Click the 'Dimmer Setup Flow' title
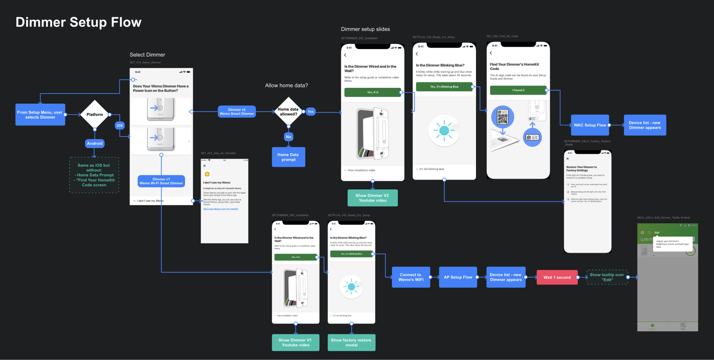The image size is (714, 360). pos(79,22)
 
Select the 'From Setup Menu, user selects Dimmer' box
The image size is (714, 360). pos(40,115)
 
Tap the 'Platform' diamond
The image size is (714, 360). pos(94,115)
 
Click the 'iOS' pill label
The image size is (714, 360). pos(120,126)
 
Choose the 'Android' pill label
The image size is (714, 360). pos(95,143)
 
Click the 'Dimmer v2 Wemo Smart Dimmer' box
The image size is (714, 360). pos(236,112)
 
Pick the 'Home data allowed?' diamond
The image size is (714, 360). pos(288,112)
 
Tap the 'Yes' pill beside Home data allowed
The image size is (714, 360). pos(311,112)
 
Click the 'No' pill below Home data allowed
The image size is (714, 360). pos(289,137)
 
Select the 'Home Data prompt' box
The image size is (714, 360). pos(289,157)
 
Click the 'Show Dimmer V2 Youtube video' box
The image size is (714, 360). pos(373,198)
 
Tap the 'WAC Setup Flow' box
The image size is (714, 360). pos(590,125)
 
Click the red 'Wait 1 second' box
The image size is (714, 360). pos(557,278)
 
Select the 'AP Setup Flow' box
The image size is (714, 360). pos(458,277)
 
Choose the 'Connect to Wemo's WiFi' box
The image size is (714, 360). pos(411,277)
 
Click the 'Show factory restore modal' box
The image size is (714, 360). pos(351,343)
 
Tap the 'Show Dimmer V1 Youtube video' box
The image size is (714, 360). pos(296,343)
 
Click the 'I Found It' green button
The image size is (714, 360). pos(518,90)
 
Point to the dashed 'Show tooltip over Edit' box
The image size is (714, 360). pos(607,277)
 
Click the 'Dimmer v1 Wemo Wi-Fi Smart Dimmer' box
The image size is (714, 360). pos(161,181)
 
